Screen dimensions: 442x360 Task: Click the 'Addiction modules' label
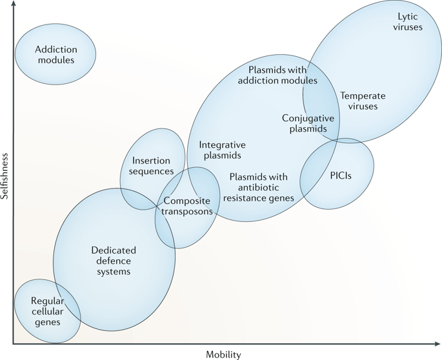click(56, 55)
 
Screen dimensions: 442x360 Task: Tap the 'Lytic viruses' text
click(408, 22)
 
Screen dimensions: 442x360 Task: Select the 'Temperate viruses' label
click(363, 101)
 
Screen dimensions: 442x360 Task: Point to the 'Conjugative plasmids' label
click(308, 123)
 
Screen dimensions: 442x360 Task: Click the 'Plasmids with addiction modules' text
click(277, 75)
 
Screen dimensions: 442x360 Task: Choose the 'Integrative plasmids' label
click(223, 150)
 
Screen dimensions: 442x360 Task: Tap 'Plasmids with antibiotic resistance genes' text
click(259, 188)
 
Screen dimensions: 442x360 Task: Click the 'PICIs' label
click(341, 176)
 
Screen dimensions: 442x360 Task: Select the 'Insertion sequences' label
click(151, 166)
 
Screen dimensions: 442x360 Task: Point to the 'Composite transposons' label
click(187, 206)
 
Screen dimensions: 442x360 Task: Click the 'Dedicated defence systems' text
click(114, 261)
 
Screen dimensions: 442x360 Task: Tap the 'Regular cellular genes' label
click(47, 312)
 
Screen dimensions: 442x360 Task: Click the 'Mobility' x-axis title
click(223, 354)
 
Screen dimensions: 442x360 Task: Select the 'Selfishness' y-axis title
click(5, 176)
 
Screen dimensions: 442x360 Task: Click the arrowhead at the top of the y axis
click(14, 3)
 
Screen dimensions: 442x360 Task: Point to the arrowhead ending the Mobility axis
click(437, 344)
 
